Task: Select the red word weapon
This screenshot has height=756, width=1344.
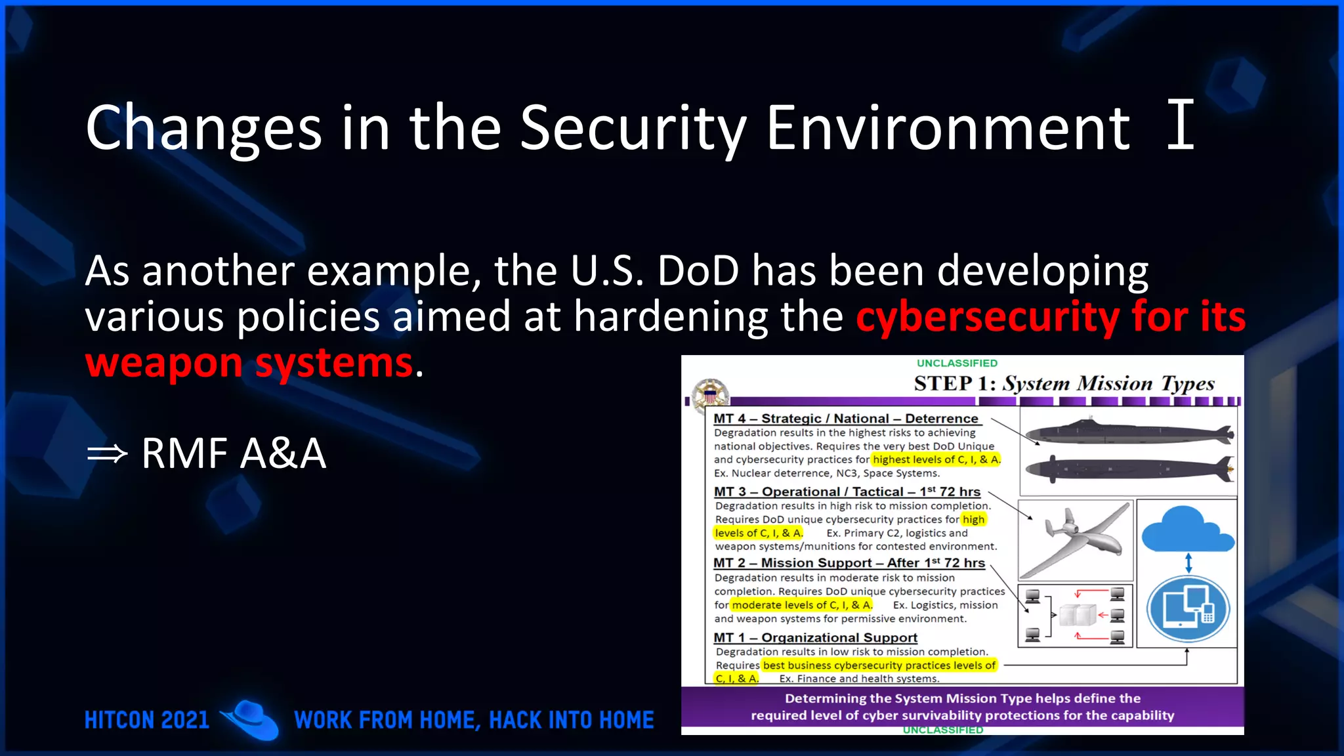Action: [x=164, y=363]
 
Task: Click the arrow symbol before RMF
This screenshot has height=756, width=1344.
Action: [x=107, y=453]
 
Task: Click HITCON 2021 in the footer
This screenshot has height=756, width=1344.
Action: [x=146, y=720]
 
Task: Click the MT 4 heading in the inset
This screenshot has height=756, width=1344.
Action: [x=845, y=418]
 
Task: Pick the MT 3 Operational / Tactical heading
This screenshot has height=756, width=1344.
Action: [x=847, y=492]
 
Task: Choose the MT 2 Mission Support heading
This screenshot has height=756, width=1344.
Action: [x=849, y=562]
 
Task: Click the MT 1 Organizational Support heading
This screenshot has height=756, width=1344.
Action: [x=815, y=637]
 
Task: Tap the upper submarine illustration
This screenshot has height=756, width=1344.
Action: [x=1129, y=433]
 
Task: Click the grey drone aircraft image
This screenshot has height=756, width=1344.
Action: [x=1076, y=538]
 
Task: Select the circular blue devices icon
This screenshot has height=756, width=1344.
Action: [x=1188, y=608]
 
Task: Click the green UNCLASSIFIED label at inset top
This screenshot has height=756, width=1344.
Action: [x=956, y=363]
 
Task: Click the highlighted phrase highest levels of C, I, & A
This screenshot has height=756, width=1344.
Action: [x=936, y=459]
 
